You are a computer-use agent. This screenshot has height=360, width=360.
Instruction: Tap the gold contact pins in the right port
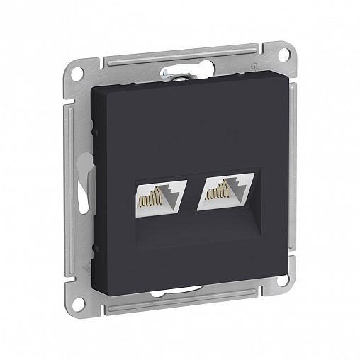pyautogui.click(x=213, y=200)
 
